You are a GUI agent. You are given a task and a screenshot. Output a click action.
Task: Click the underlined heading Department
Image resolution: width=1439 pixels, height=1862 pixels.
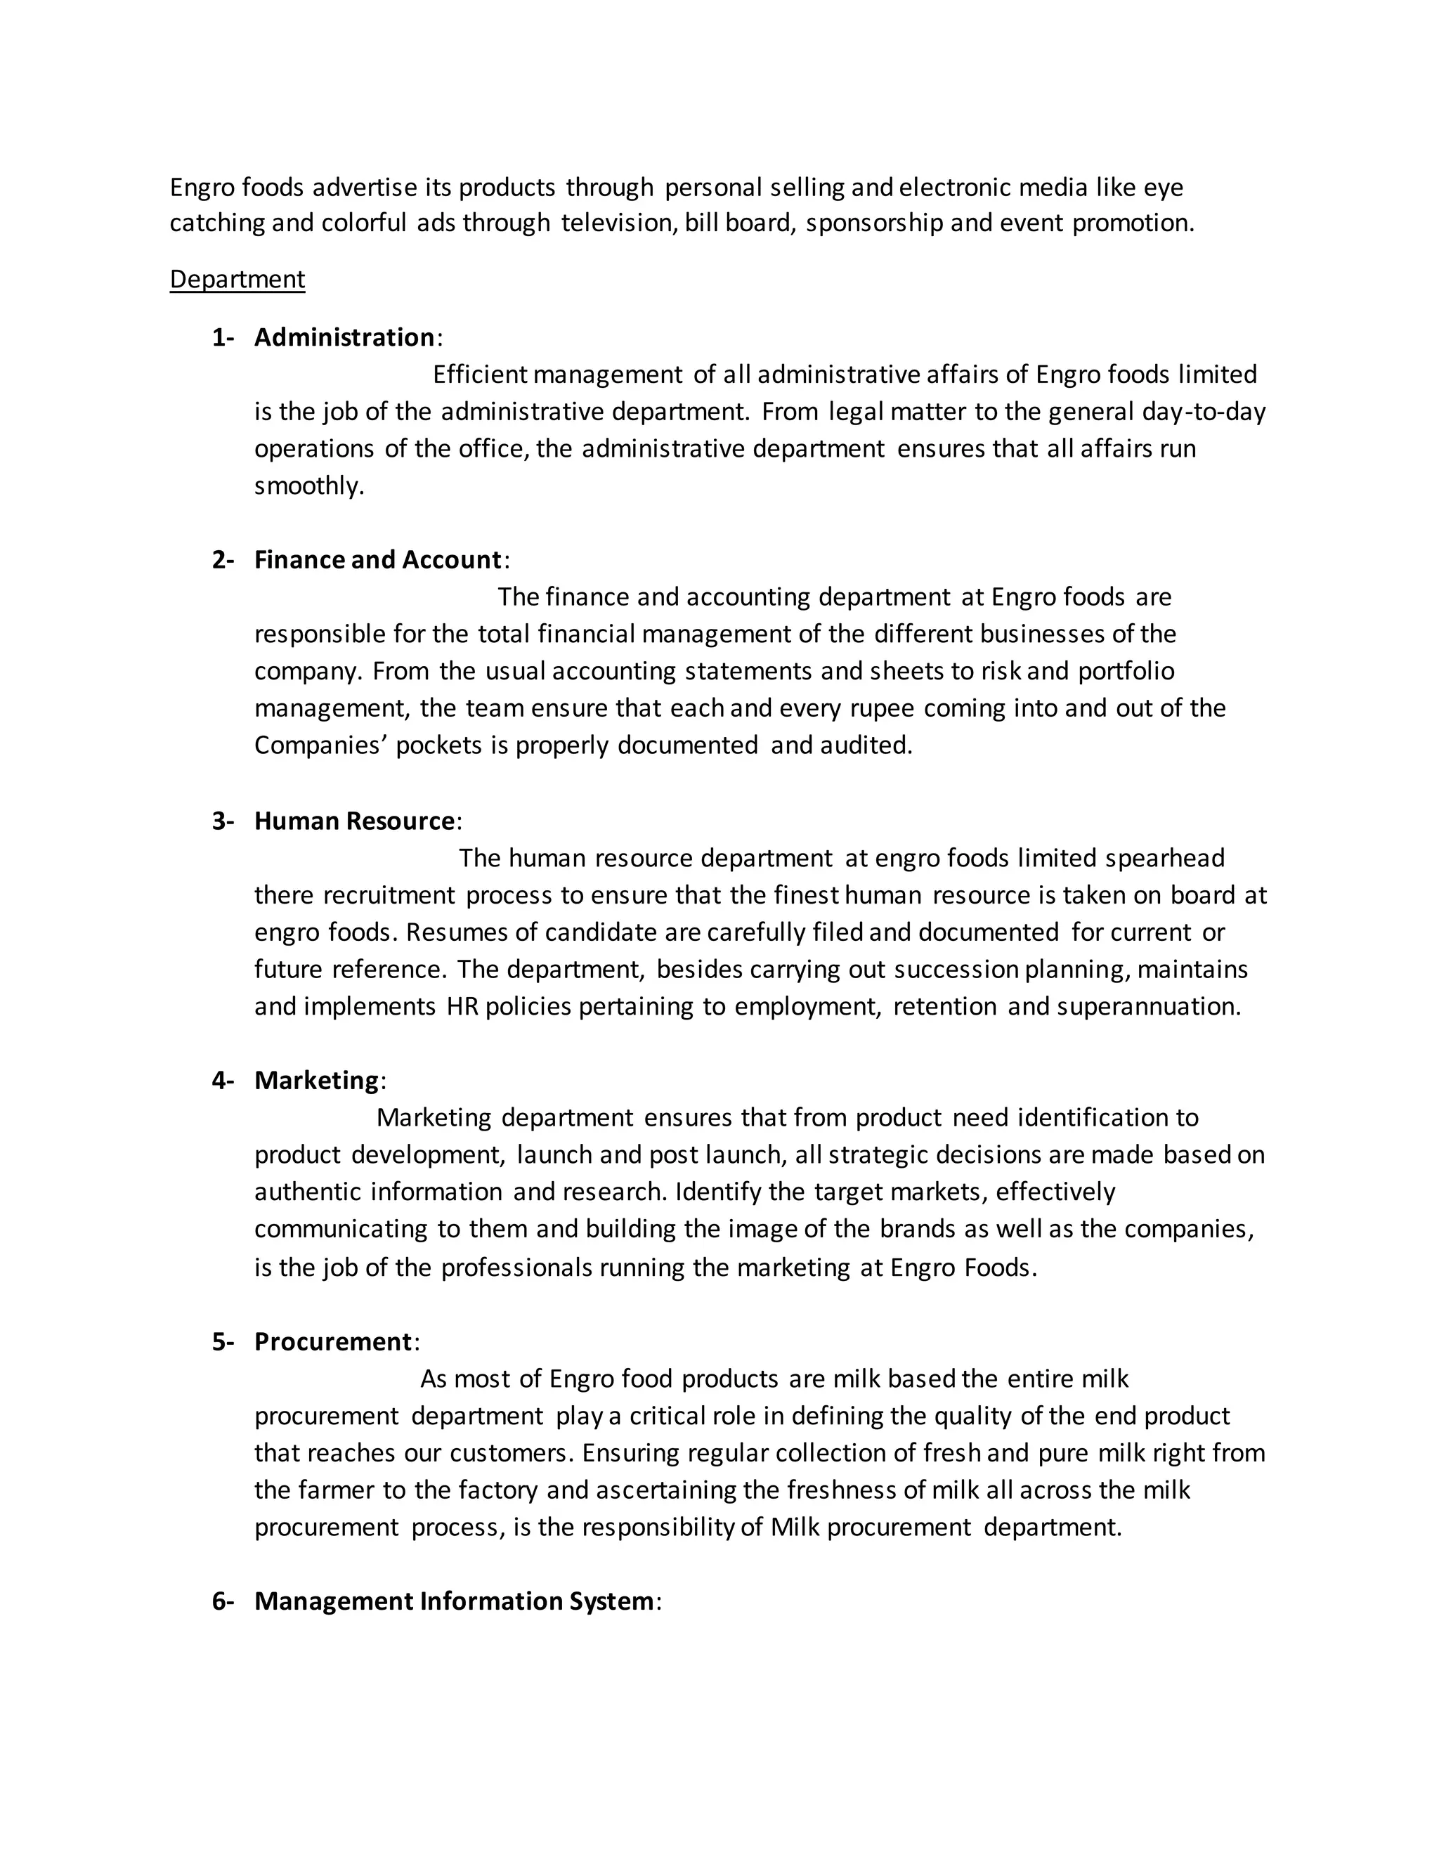click(x=237, y=280)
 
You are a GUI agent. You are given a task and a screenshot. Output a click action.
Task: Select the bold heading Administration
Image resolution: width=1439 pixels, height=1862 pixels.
click(x=344, y=337)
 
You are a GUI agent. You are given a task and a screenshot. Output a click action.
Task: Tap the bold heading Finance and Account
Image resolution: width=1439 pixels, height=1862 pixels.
click(x=377, y=560)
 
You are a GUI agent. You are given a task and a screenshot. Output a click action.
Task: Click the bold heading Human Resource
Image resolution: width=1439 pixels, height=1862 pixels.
click(x=355, y=821)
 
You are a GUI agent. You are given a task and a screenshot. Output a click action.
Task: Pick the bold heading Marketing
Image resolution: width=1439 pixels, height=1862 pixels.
click(x=316, y=1081)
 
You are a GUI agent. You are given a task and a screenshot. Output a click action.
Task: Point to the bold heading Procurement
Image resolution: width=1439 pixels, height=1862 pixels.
click(x=333, y=1342)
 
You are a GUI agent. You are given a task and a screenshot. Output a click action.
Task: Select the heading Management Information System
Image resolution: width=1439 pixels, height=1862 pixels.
click(x=453, y=1602)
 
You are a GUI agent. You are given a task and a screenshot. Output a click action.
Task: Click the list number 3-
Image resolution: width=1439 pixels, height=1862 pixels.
click(x=223, y=821)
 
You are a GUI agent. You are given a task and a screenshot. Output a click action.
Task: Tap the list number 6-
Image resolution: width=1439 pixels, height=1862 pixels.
click(x=223, y=1602)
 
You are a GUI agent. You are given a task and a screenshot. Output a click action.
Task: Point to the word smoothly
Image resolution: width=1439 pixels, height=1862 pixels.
click(x=308, y=486)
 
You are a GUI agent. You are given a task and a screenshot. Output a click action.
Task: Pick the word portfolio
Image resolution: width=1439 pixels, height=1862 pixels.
click(x=1126, y=672)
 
